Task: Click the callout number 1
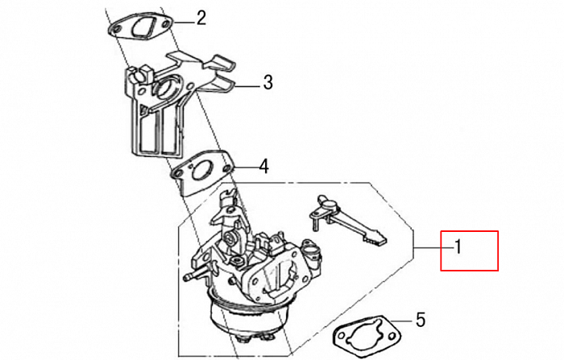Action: pos(457,249)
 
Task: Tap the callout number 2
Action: pos(201,18)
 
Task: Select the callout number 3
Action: pos(267,82)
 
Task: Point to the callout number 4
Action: pos(263,168)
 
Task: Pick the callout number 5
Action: pos(420,320)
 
